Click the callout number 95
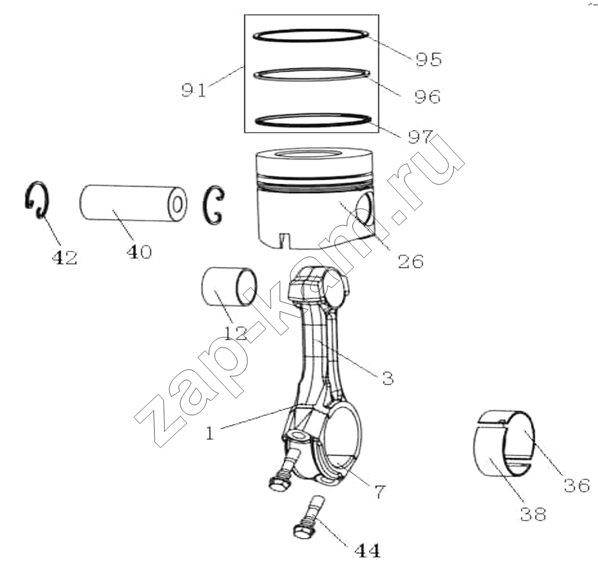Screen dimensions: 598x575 [x=429, y=59]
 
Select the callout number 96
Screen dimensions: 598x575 [x=427, y=97]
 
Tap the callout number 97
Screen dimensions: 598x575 [x=421, y=137]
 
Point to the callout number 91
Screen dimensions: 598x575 [x=194, y=90]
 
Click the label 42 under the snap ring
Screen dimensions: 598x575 [x=64, y=258]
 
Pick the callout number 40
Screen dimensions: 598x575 [x=139, y=251]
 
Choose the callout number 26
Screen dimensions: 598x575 [x=410, y=262]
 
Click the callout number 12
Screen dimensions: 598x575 [x=236, y=333]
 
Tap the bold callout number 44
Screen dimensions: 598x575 [x=368, y=551]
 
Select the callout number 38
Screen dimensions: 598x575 [x=533, y=514]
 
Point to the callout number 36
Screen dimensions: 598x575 [x=577, y=486]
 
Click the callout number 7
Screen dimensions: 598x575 [x=380, y=491]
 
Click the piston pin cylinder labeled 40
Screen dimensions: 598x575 [x=133, y=202]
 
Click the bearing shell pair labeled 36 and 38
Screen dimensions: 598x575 [x=504, y=443]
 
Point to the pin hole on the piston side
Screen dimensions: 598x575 [x=366, y=208]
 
